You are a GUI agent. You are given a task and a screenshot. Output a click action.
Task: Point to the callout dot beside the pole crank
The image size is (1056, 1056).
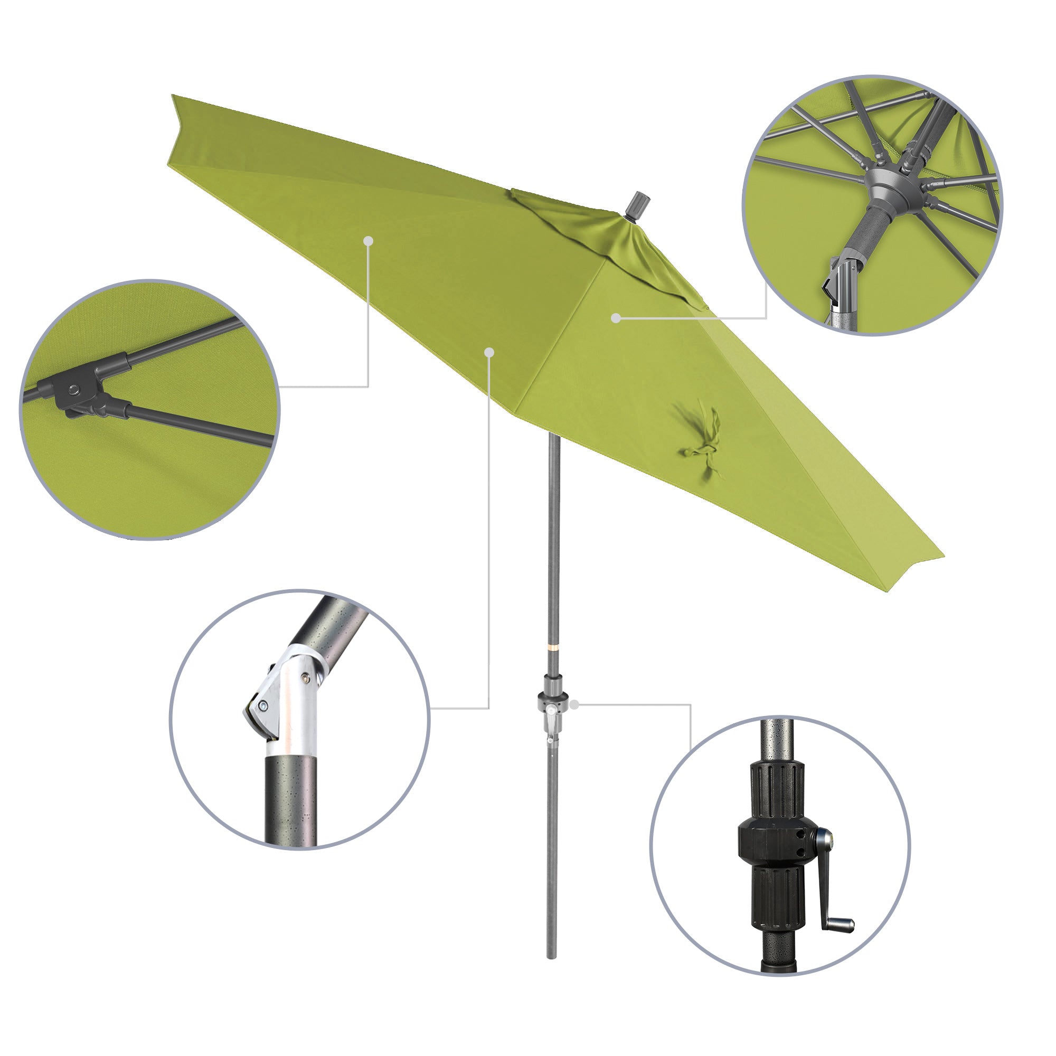tap(574, 705)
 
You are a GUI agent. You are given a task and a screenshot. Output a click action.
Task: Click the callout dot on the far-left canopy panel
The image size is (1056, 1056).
tap(369, 240)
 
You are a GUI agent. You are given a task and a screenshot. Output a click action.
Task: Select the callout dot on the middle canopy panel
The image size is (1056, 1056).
tap(490, 353)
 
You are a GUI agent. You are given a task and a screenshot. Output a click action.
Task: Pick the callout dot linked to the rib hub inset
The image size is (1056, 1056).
tap(616, 317)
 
